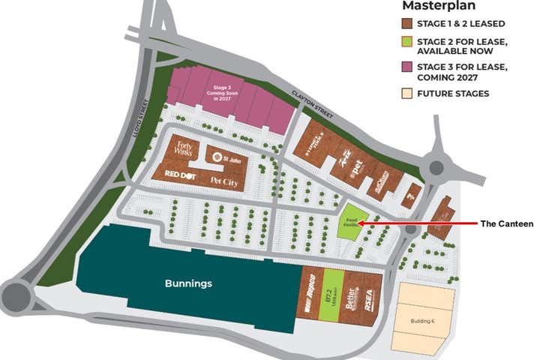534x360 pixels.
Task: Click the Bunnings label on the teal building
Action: pyautogui.click(x=189, y=283)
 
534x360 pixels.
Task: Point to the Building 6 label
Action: pyautogui.click(x=424, y=320)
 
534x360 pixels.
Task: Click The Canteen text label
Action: pyautogui.click(x=506, y=223)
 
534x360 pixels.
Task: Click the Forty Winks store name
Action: pyautogui.click(x=184, y=148)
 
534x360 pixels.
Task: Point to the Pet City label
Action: pyautogui.click(x=223, y=181)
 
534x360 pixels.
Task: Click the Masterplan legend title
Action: pyautogui.click(x=436, y=6)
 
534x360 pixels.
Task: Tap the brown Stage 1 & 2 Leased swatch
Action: pyautogui.click(x=408, y=23)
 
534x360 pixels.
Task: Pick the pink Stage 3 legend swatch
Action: pyautogui.click(x=408, y=67)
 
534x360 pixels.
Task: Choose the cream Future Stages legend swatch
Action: pyautogui.click(x=408, y=94)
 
